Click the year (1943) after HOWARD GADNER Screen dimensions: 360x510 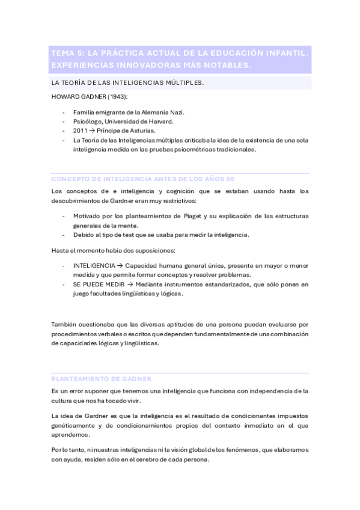(114, 97)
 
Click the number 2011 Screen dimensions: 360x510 (81, 131)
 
